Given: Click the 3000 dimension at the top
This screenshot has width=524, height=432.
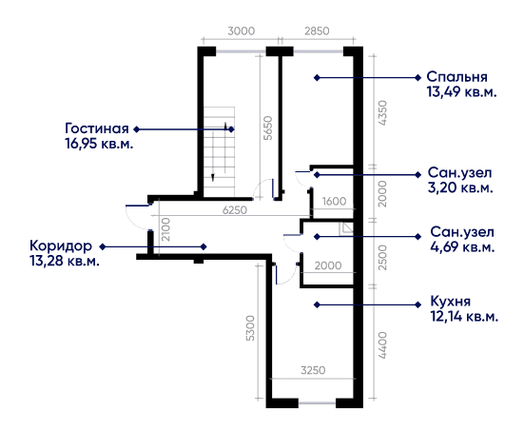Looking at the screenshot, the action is pyautogui.click(x=241, y=31).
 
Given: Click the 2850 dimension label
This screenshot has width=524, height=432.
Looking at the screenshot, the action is pyautogui.click(x=317, y=31).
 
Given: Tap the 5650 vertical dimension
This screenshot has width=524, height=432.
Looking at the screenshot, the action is pyautogui.click(x=268, y=128).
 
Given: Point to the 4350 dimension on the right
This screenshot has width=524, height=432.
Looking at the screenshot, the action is pyautogui.click(x=381, y=113).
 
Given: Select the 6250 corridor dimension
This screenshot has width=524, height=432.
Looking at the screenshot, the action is pyautogui.click(x=235, y=210).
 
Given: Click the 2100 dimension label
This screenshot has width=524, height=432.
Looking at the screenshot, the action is pyautogui.click(x=165, y=229).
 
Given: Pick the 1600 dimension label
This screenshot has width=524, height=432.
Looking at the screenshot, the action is pyautogui.click(x=334, y=202).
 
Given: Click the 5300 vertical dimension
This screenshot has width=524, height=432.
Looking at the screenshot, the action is pyautogui.click(x=250, y=328).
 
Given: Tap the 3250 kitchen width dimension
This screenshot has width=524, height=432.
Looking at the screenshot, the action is pyautogui.click(x=313, y=370).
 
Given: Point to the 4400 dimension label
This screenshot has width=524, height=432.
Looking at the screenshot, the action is pyautogui.click(x=381, y=345).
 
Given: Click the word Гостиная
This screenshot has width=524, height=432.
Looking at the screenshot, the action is pyautogui.click(x=97, y=128).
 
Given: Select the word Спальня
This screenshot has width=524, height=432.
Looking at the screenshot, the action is pyautogui.click(x=456, y=77).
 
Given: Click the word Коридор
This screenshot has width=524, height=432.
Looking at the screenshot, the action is pyautogui.click(x=61, y=245).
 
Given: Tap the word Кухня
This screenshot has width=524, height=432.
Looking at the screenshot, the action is pyautogui.click(x=451, y=302).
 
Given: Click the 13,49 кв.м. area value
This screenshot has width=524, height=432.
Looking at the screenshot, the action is pyautogui.click(x=461, y=91).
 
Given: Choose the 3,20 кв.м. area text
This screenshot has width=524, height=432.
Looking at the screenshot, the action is pyautogui.click(x=460, y=187).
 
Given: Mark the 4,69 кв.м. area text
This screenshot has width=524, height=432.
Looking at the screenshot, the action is pyautogui.click(x=462, y=247).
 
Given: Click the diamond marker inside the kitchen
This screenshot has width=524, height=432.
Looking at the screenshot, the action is pyautogui.click(x=317, y=304).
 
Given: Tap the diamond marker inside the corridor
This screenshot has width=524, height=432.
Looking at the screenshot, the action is pyautogui.click(x=204, y=246).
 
